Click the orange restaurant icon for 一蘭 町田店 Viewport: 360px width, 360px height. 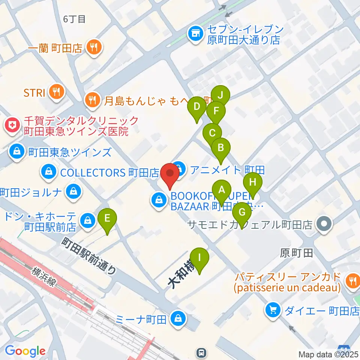[x=92, y=47]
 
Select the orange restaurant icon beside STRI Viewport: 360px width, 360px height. [x=57, y=92]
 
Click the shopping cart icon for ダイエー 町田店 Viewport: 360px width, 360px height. [x=272, y=310]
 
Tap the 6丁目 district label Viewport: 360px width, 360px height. [x=75, y=19]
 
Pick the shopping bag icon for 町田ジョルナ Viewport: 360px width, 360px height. [x=72, y=192]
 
